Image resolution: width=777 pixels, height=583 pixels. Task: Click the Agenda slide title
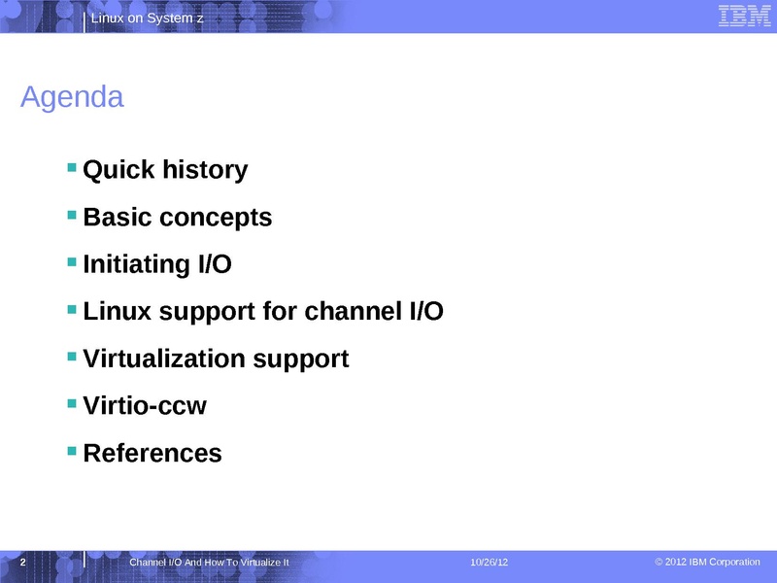[x=72, y=98]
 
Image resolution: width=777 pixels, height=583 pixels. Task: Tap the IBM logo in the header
[x=744, y=16]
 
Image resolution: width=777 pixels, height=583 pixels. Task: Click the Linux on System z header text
[x=148, y=18]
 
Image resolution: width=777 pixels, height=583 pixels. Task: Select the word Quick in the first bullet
[x=118, y=170]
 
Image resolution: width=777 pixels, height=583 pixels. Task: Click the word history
[x=205, y=170]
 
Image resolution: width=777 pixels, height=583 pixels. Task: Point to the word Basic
[x=118, y=217]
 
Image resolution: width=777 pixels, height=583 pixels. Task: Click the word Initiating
[x=136, y=264]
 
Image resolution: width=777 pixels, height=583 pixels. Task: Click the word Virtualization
[x=164, y=359]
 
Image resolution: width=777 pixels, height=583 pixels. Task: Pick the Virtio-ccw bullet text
[x=145, y=405]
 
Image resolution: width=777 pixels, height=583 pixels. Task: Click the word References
[x=152, y=453]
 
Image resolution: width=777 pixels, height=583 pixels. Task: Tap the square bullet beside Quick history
[x=72, y=167]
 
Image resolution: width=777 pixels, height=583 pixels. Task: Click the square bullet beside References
[x=72, y=451]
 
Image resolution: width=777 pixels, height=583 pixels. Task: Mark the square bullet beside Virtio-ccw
[x=72, y=403]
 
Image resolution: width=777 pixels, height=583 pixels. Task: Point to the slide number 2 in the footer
[x=22, y=563]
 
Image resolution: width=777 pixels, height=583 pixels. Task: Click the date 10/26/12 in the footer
[x=490, y=563]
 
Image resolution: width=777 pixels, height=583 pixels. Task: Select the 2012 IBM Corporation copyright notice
[x=707, y=562]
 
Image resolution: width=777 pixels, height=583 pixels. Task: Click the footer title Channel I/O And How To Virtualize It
[x=209, y=563]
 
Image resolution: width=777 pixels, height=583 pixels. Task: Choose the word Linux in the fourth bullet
[x=117, y=311]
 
